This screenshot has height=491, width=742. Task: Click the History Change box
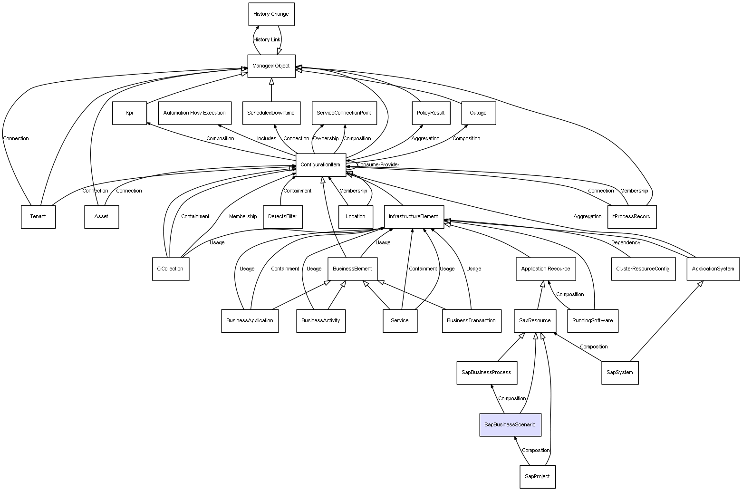271,14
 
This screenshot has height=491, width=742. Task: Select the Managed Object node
271,66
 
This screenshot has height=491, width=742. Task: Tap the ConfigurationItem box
320,165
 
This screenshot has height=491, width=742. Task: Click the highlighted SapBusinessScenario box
510,424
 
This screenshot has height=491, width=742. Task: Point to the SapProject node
537,476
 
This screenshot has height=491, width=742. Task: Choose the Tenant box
38,217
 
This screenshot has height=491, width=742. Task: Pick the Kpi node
129,113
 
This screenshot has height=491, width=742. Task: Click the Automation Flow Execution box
194,113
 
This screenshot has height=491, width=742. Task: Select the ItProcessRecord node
631,217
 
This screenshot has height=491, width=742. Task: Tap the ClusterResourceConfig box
643,269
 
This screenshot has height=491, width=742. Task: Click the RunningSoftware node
592,320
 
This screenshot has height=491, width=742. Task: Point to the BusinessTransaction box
471,320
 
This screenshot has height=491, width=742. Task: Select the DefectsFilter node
282,217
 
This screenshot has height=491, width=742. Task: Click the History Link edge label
267,40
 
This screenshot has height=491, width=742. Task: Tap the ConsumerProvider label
378,165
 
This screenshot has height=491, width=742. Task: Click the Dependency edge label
626,243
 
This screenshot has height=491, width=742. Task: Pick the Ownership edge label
326,139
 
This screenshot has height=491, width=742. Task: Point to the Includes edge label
267,139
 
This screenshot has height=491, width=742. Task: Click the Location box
356,217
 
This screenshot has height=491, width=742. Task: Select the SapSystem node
620,373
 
